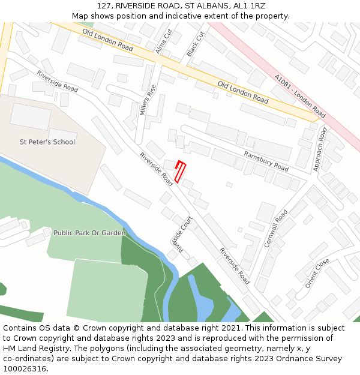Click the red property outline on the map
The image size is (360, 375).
[180, 172]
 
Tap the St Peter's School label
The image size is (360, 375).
[47, 142]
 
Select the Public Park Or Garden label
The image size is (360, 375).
[89, 233]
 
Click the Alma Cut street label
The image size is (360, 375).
[164, 41]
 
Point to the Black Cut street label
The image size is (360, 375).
[196, 44]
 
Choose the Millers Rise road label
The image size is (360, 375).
[148, 100]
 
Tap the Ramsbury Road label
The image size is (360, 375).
[266, 161]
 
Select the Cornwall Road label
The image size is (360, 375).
[276, 229]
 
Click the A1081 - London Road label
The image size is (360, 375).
[299, 96]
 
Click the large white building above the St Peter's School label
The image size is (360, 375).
[31, 116]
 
